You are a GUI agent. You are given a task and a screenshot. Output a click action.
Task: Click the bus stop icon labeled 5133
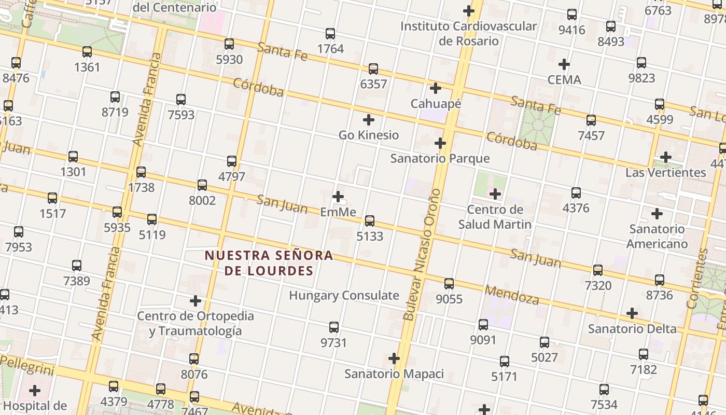coord(370,221)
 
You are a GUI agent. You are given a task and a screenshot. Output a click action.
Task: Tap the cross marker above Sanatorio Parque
coord(440,143)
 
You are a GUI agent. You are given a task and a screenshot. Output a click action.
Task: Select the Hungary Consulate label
coord(344,296)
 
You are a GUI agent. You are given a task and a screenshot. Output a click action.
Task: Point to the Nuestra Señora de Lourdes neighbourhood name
coord(269,263)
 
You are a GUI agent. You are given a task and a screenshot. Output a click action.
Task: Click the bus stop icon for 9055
coord(449,284)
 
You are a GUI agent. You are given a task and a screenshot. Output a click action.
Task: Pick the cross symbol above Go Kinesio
coord(369,120)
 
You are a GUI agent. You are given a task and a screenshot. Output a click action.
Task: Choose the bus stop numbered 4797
coord(232,161)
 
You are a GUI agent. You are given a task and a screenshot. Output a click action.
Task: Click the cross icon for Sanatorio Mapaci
coord(394,358)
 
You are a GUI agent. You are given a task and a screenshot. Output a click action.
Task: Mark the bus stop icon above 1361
coord(87,52)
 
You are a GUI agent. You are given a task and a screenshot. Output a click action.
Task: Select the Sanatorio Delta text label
coord(632,329)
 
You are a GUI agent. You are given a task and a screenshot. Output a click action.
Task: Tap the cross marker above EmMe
coord(338,197)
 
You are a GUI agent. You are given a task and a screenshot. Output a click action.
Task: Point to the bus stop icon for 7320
coord(598,270)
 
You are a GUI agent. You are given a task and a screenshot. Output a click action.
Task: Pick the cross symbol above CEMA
coord(564,64)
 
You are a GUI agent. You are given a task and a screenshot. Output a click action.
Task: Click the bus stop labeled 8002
coord(202,185)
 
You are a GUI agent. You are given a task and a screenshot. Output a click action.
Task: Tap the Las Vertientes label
coord(665,172)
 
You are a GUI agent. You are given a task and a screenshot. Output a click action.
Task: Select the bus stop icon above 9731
coord(334,327)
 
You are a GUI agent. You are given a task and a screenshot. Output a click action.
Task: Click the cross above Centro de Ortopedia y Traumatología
coord(196,301)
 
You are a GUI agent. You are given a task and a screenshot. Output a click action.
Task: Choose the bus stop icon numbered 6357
coord(373,69)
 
